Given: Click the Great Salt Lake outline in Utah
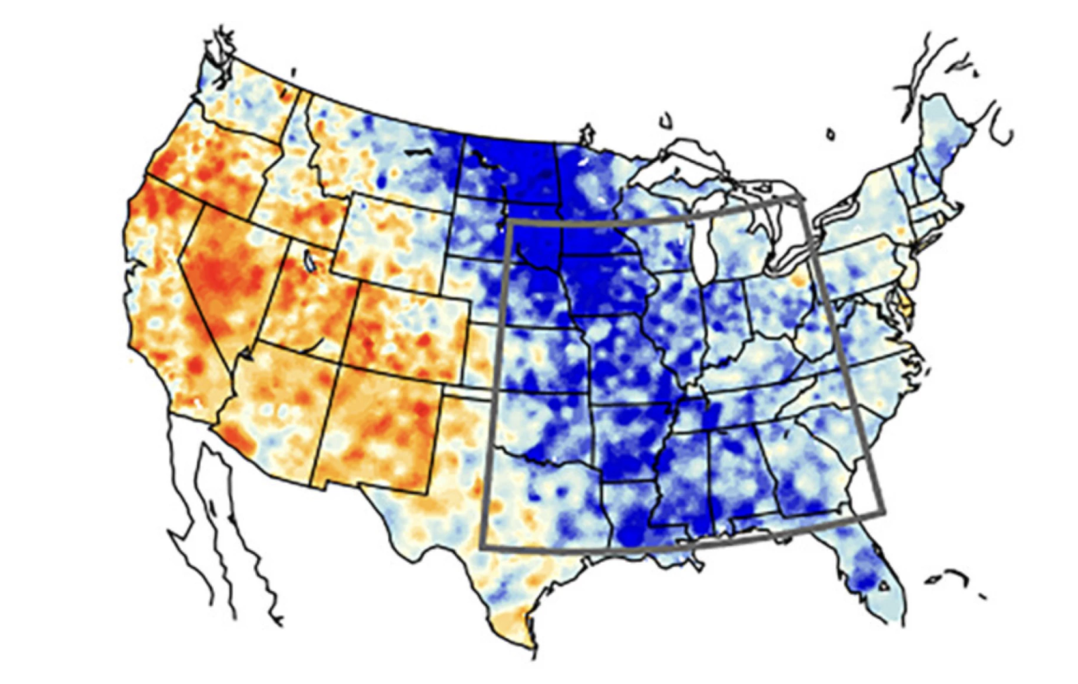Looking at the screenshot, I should click(310, 261).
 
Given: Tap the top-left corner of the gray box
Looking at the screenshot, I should click(509, 221).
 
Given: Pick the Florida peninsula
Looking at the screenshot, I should click(868, 572).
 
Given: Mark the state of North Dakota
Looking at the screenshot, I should click(511, 168).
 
